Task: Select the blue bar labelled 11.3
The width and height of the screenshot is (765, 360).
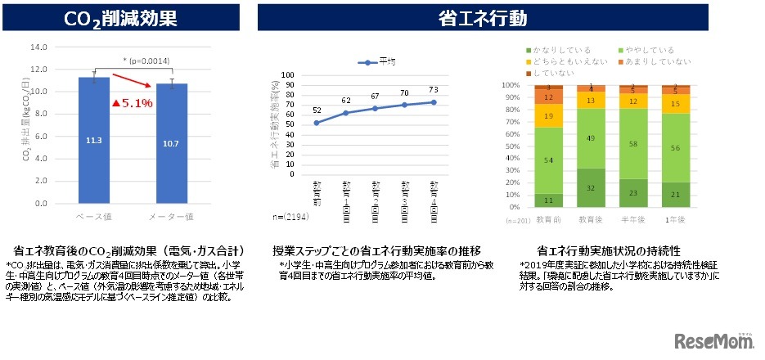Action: tap(93, 139)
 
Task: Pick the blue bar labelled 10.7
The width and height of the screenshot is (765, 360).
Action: tap(171, 143)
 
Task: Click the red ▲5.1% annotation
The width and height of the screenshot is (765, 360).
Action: tap(132, 104)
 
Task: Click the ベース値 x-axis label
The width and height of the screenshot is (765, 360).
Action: tap(93, 217)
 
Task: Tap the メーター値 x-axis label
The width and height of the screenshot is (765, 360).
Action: tap(171, 217)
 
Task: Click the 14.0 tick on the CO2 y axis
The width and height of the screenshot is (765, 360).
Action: tap(38, 47)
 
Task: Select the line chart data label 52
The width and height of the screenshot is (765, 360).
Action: tap(317, 110)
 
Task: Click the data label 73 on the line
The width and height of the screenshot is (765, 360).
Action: tap(434, 89)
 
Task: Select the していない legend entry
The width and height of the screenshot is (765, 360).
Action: tap(551, 74)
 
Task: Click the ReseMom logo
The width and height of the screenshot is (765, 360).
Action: tap(712, 340)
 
